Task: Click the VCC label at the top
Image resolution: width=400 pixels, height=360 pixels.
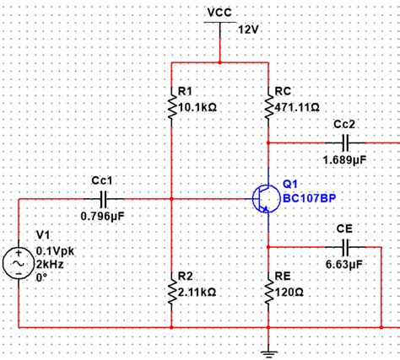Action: coord(219,13)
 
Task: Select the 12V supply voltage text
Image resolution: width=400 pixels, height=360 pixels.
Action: coord(248,30)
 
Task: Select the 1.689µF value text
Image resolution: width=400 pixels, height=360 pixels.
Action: coord(343,158)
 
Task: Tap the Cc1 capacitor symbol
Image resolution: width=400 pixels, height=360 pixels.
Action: coord(104,199)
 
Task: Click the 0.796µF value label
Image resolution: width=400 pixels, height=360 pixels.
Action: coord(103,217)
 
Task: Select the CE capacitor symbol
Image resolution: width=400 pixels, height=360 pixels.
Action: coord(344,247)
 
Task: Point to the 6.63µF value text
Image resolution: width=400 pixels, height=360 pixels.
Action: coord(343,265)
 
